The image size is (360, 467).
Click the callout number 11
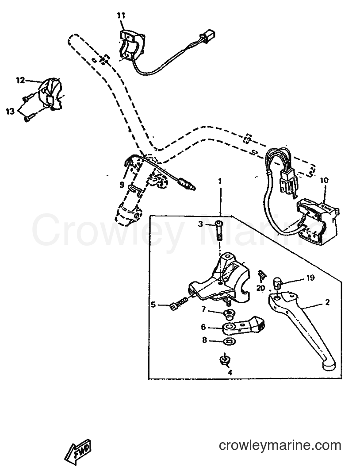click(x=121, y=15)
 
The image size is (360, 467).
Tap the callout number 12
click(x=20, y=81)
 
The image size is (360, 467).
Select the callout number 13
click(x=10, y=112)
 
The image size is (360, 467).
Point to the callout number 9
click(x=122, y=185)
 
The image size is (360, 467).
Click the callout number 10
click(x=324, y=180)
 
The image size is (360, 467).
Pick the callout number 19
click(x=310, y=278)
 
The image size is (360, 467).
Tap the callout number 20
click(x=260, y=288)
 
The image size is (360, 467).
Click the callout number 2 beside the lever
click(x=328, y=302)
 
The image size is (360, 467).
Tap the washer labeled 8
click(x=229, y=341)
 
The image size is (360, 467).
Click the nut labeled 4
click(x=225, y=360)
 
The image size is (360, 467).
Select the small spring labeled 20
click(x=262, y=275)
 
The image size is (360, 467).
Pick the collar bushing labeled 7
click(x=229, y=313)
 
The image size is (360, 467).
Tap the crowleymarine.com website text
click(x=280, y=446)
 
